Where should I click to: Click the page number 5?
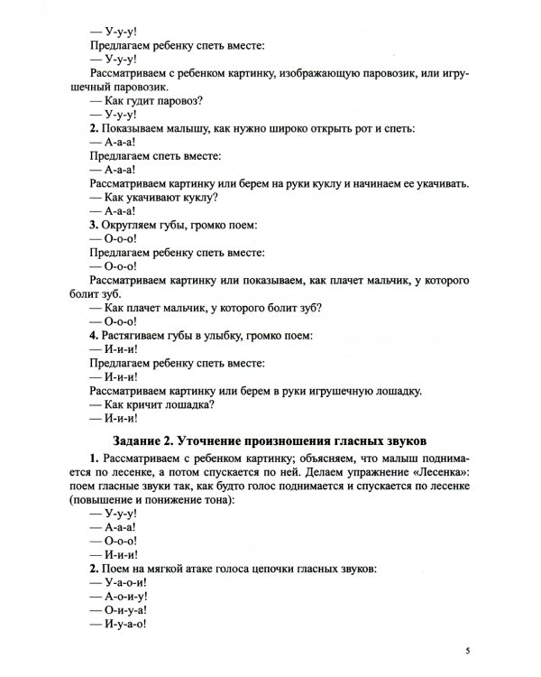coord(468,650)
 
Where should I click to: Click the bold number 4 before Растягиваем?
coord(93,335)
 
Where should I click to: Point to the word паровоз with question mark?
coord(178,100)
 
